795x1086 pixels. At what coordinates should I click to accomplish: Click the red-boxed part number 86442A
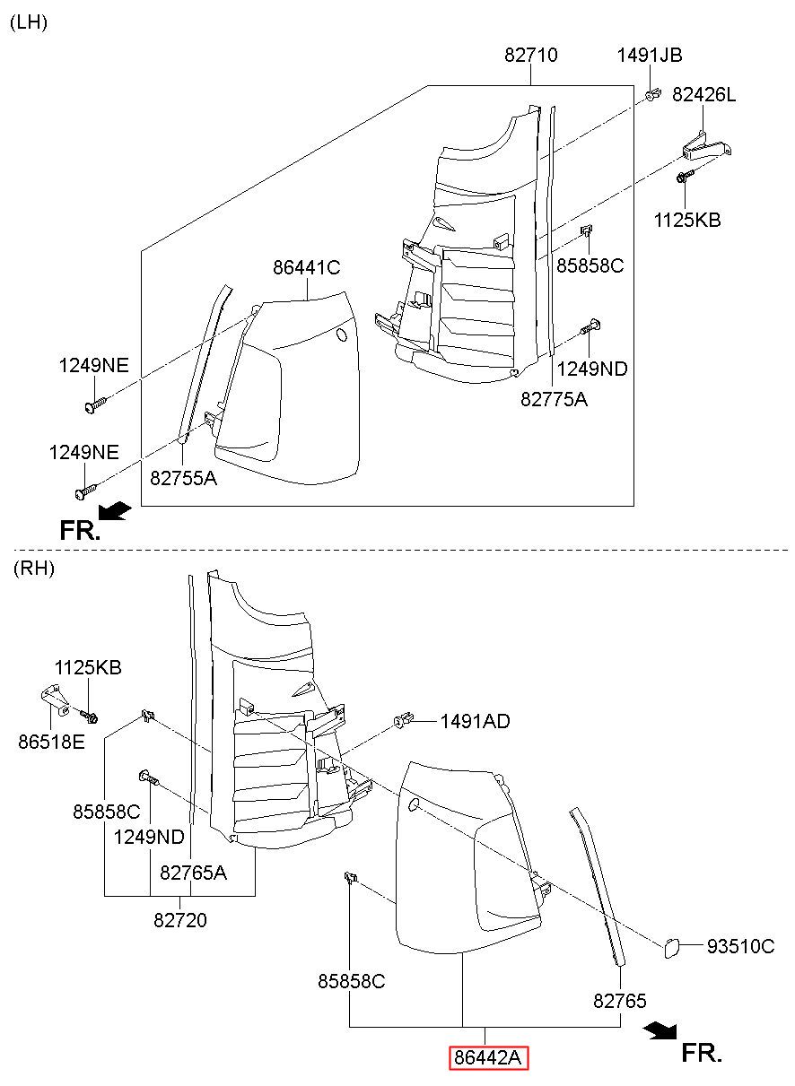pyautogui.click(x=488, y=1057)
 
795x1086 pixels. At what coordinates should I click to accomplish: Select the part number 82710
pyautogui.click(x=530, y=55)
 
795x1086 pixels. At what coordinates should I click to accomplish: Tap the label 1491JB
pyautogui.click(x=649, y=55)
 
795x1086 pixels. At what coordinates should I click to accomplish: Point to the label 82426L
pyautogui.click(x=703, y=94)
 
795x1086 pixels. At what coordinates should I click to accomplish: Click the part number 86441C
pyautogui.click(x=307, y=267)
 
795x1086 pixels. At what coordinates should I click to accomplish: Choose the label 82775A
pyautogui.click(x=554, y=399)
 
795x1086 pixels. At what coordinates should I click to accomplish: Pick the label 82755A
pyautogui.click(x=183, y=478)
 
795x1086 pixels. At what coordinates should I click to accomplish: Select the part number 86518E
pyautogui.click(x=51, y=742)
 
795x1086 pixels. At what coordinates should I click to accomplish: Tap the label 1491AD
pyautogui.click(x=475, y=721)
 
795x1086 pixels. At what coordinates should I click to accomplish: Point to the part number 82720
pyautogui.click(x=180, y=920)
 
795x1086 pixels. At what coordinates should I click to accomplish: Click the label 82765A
pyautogui.click(x=193, y=873)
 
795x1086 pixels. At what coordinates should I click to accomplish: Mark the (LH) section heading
pyautogui.click(x=29, y=22)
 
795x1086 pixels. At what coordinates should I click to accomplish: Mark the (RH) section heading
pyautogui.click(x=34, y=568)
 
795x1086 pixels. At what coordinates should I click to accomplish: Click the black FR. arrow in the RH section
pyautogui.click(x=660, y=1030)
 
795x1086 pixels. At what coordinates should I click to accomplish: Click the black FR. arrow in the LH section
pyautogui.click(x=115, y=511)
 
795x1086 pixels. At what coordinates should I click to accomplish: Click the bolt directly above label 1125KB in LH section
pyautogui.click(x=685, y=176)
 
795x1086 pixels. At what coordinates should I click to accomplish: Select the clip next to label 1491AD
pyautogui.click(x=404, y=720)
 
